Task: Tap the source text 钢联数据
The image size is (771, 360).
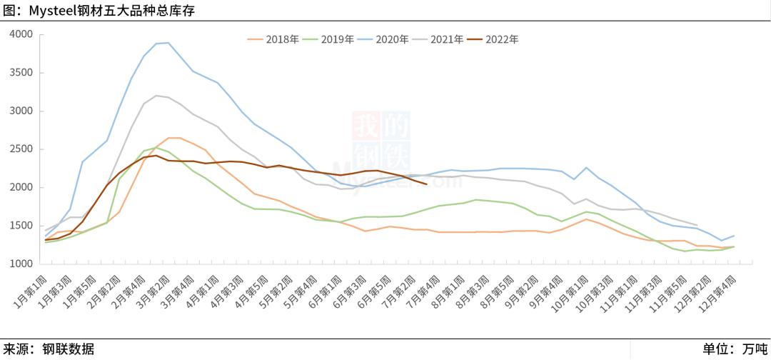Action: tap(68, 349)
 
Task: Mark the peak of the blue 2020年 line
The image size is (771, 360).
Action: tap(168, 43)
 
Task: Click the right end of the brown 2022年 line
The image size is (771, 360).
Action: tap(426, 184)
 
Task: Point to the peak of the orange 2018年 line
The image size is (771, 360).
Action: tap(174, 138)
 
